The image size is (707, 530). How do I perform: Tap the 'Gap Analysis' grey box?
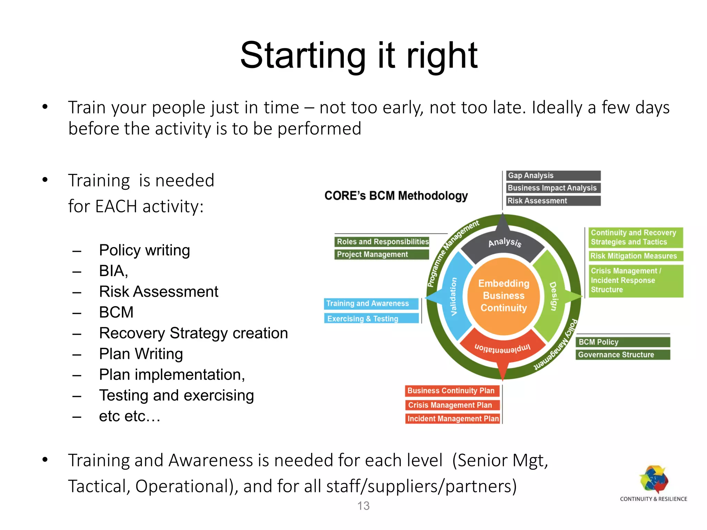click(553, 176)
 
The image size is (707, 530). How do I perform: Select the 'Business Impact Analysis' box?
click(553, 188)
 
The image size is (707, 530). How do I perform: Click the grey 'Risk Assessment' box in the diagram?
click(553, 201)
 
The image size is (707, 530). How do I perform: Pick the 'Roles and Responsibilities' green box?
click(382, 242)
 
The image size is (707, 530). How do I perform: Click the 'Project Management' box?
click(382, 255)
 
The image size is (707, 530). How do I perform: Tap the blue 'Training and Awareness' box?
click(371, 304)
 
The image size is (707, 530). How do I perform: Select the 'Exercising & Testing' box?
click(371, 318)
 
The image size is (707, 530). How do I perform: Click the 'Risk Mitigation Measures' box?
click(635, 256)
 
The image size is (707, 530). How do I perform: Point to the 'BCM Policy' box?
click(622, 342)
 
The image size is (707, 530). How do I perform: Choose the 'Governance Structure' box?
click(622, 355)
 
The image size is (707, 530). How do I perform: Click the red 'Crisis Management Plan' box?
click(453, 405)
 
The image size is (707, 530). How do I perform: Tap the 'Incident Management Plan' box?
click(453, 419)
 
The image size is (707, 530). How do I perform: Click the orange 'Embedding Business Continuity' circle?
click(504, 296)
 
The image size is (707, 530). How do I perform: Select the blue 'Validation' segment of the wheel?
click(453, 297)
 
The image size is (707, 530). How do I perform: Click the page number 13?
click(363, 506)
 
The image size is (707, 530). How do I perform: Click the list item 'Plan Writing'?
click(141, 354)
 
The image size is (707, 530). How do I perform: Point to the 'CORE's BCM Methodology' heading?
click(396, 196)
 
